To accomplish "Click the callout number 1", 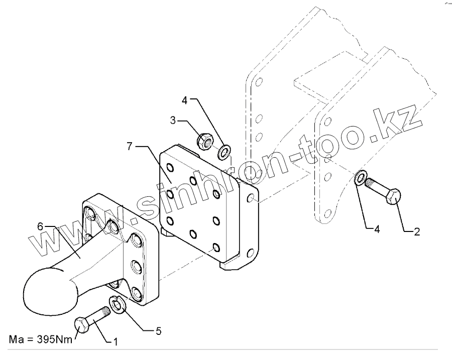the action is point(115,342).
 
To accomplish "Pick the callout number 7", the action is point(130,146).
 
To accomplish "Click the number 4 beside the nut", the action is point(185,100).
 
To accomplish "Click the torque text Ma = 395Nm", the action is point(41,339).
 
